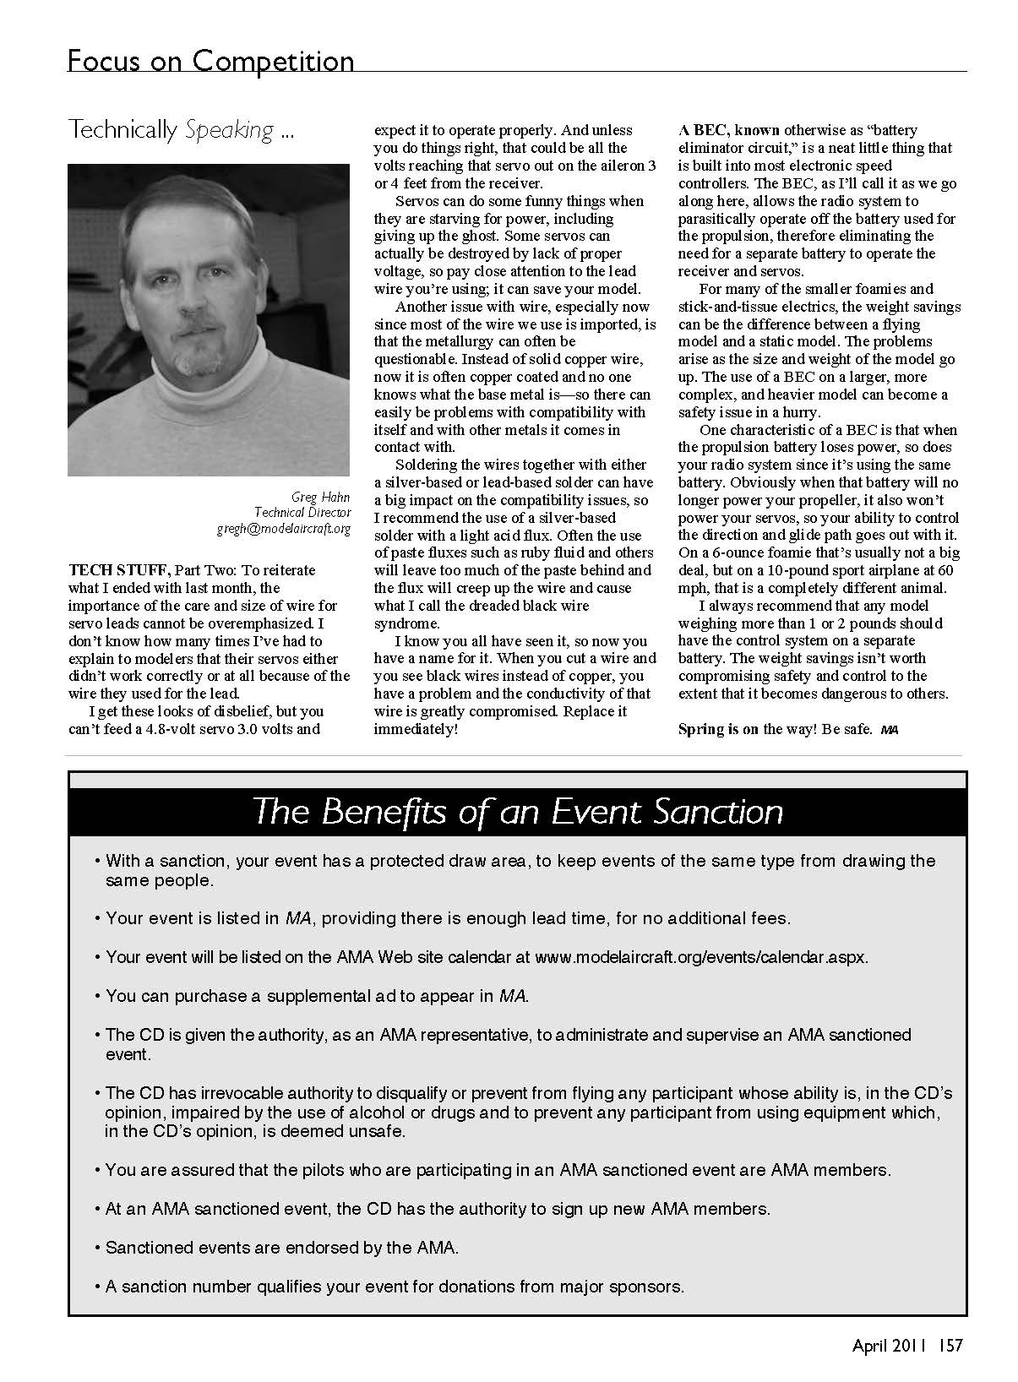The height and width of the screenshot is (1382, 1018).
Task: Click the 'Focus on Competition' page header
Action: pyautogui.click(x=210, y=61)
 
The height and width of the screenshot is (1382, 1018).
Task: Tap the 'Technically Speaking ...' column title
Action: pyautogui.click(x=182, y=130)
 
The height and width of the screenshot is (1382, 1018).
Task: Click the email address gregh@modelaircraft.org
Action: pyautogui.click(x=284, y=530)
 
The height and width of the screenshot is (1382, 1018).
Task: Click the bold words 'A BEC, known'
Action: pyautogui.click(x=729, y=130)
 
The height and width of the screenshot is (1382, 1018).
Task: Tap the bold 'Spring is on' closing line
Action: pyautogui.click(x=718, y=728)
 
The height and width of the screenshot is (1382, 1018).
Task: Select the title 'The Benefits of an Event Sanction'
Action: pyautogui.click(x=517, y=812)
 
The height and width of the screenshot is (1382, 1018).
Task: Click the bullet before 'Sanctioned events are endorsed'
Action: pyautogui.click(x=99, y=1248)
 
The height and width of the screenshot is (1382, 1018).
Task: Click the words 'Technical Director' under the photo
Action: pyautogui.click(x=302, y=513)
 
